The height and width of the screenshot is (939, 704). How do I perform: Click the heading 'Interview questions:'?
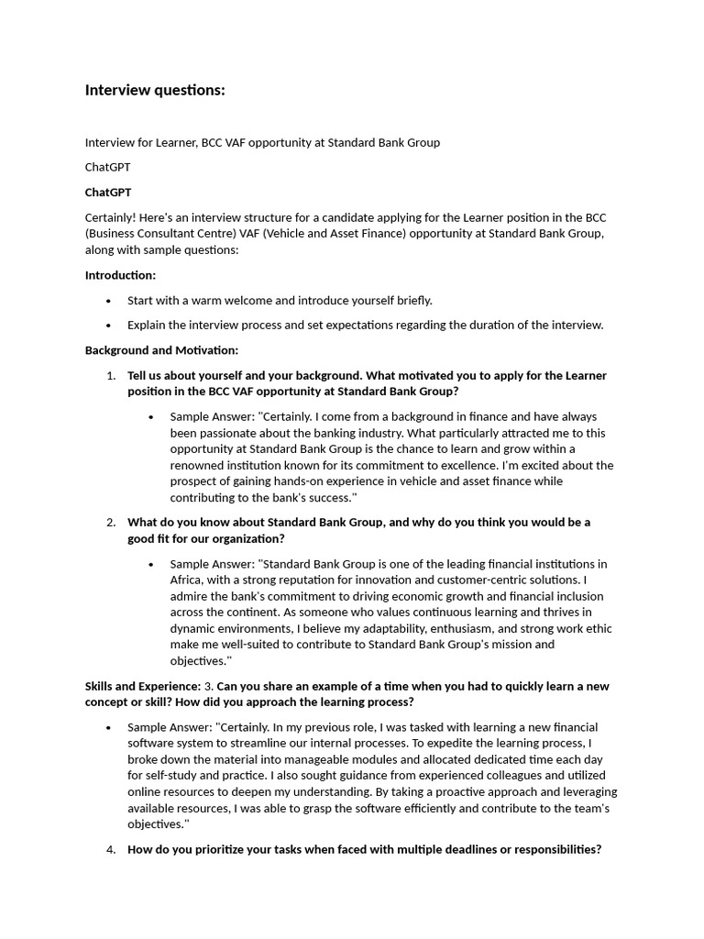[x=155, y=90]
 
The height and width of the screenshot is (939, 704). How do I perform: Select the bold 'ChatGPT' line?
[x=108, y=193]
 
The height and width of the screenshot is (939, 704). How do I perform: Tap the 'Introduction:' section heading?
[x=120, y=275]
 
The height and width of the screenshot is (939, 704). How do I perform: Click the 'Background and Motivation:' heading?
[x=161, y=350]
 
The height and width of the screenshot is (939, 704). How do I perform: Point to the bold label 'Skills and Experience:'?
[x=142, y=686]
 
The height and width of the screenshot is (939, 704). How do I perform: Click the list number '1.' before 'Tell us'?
[x=110, y=376]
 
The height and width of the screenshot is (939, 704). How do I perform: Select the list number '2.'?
[x=110, y=523]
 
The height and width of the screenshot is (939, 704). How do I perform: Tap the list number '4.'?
[x=110, y=849]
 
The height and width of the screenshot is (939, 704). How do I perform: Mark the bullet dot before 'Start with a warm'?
[x=109, y=301]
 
